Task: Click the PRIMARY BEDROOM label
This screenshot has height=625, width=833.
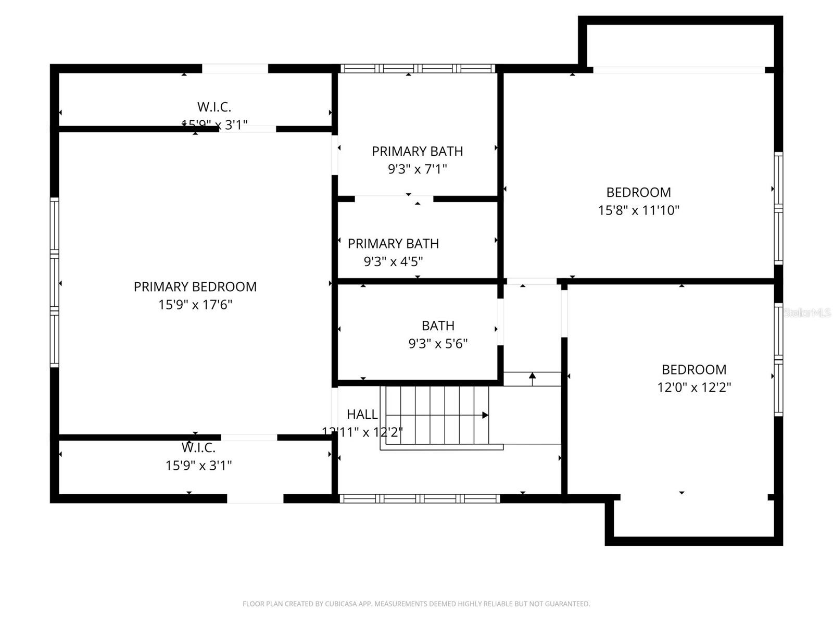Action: click(195, 286)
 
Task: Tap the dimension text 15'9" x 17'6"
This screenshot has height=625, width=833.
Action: click(195, 305)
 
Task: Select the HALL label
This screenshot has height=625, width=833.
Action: click(362, 415)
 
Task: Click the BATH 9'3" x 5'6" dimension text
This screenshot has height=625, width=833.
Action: click(438, 344)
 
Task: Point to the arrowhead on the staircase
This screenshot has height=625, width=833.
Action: click(485, 415)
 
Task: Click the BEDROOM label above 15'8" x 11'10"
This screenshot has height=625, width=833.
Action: click(638, 192)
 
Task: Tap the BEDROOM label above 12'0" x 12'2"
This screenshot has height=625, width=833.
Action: click(694, 370)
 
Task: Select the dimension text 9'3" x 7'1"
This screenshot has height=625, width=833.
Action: click(417, 169)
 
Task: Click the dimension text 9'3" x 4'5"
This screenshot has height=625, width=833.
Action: click(393, 261)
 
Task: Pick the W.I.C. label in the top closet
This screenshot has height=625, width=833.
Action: click(214, 107)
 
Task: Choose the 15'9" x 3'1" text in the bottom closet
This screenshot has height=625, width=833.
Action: click(198, 466)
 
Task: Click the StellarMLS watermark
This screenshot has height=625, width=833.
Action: click(807, 313)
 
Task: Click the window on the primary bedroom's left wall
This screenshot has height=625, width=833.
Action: click(54, 282)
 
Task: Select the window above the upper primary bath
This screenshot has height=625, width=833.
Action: click(418, 68)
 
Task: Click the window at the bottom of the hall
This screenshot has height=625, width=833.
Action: click(420, 498)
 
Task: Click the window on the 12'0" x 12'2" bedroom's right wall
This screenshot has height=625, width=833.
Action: click(778, 359)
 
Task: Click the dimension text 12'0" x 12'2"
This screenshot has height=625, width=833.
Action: click(694, 387)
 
